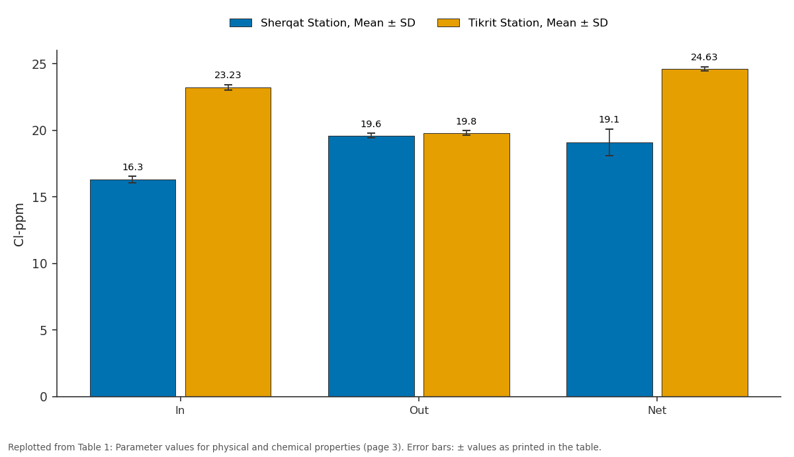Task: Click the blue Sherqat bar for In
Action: [x=133, y=288]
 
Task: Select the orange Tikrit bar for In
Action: [x=228, y=242]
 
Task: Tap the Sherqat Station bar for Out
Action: [x=371, y=266]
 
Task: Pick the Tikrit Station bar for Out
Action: [x=466, y=265]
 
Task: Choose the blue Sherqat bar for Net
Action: [x=609, y=270]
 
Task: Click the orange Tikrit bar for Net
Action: [x=705, y=232]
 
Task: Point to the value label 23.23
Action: [x=228, y=76]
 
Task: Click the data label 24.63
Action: [x=704, y=57]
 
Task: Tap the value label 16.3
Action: [x=132, y=167]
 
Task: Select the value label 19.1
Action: [x=609, y=120]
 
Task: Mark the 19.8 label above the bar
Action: [x=466, y=121]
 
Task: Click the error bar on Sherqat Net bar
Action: [x=609, y=142]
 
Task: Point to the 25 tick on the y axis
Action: [x=39, y=65]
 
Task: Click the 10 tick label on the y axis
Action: [x=39, y=264]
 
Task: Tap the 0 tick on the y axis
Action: [x=44, y=397]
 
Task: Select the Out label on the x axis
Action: [x=419, y=411]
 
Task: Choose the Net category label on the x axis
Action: [x=657, y=411]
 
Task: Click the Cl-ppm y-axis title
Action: [x=19, y=225]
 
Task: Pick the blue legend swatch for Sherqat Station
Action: [x=241, y=23]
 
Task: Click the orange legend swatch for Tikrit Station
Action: [x=449, y=23]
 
